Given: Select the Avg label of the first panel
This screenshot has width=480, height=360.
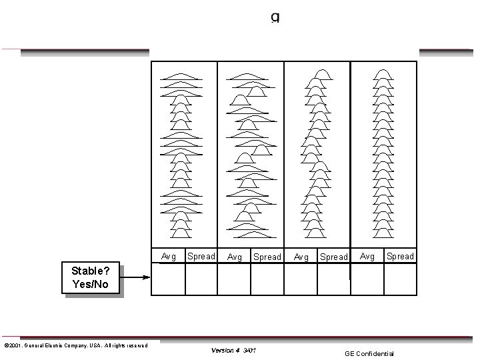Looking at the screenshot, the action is [169, 257].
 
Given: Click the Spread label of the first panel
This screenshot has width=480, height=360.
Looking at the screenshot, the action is [201, 257].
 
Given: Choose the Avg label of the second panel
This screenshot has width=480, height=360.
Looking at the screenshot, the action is [235, 257].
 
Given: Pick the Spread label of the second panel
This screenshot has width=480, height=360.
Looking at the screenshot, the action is [267, 257].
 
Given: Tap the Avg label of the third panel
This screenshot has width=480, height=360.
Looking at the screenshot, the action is [301, 257].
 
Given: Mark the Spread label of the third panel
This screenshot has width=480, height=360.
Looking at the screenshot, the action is [334, 257].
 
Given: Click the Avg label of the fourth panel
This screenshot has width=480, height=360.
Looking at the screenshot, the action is [367, 256].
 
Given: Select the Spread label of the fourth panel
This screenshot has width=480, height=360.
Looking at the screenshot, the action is [400, 256].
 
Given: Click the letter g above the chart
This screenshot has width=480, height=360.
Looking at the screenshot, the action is [275, 17].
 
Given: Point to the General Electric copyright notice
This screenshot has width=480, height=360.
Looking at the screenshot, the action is [76, 345].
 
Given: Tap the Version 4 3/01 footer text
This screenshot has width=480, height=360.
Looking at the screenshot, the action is [233, 350].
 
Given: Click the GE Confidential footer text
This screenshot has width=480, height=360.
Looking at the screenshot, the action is [369, 354].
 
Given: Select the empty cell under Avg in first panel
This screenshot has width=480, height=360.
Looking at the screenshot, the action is [169, 279].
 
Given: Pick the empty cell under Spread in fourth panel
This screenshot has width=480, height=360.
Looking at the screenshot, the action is [400, 279].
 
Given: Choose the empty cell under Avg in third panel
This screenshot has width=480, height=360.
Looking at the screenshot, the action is [301, 279].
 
